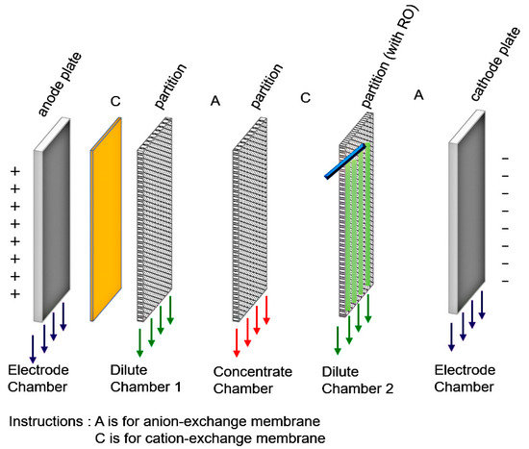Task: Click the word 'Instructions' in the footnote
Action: (43, 421)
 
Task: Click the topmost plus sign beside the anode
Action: (15, 170)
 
